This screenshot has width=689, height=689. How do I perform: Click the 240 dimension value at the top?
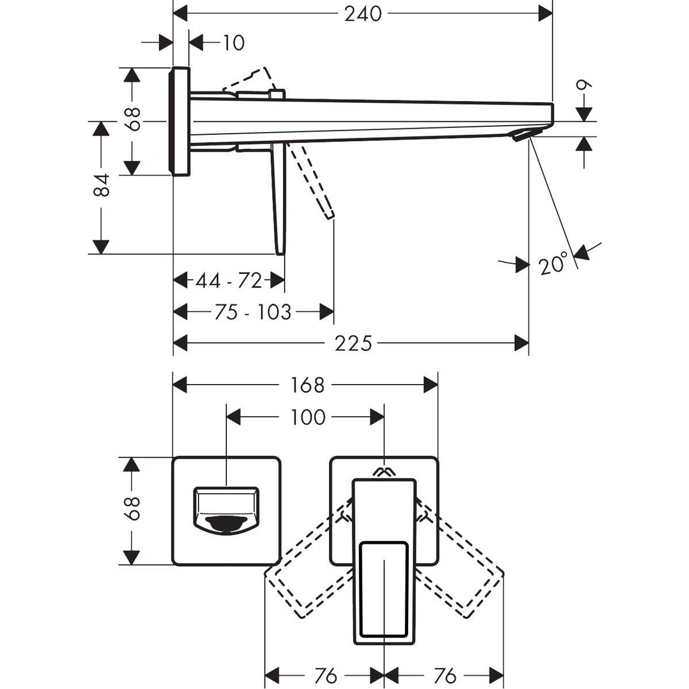pos(363,14)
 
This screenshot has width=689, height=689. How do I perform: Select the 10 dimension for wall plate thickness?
pos(233,42)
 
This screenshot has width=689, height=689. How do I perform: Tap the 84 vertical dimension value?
pos(102,185)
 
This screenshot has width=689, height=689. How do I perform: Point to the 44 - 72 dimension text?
pos(229,281)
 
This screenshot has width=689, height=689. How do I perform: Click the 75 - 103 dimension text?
pos(253,312)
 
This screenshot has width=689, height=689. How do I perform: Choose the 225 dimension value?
pos(354,343)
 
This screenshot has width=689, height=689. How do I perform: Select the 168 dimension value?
pos(307,385)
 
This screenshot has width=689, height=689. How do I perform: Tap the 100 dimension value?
pos(308,417)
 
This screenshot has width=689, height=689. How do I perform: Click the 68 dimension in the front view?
pos(133,508)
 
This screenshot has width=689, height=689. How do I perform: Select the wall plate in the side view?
pos(180,121)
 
